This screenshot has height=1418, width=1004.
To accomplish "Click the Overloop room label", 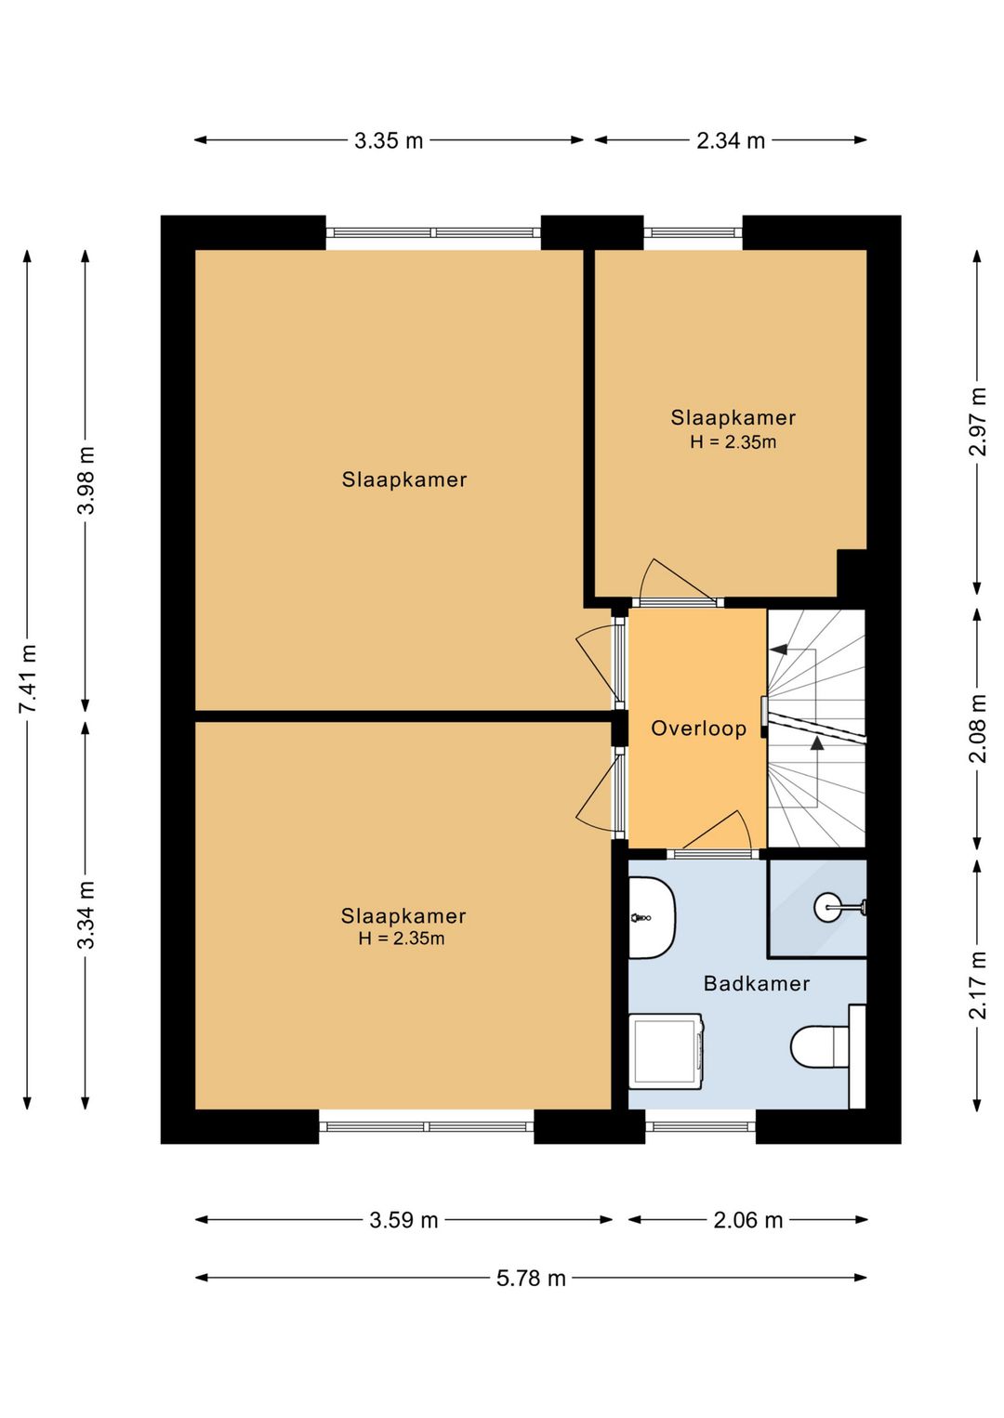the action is pos(699,729).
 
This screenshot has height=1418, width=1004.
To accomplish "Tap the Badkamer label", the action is pos(757,983).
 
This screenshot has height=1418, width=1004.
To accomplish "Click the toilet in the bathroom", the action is pos(820,1046).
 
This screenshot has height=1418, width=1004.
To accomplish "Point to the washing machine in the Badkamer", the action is pos(667,1052).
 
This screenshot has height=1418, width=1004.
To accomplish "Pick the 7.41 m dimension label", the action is pos(28,677).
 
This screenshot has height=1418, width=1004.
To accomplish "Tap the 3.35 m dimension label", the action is pos(389,140).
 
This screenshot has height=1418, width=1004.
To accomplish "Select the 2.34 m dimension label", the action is pos(731,140).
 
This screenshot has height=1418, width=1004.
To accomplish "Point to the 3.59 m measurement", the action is pos(403,1220).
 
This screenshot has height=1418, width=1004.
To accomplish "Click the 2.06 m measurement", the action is pos(748,1220).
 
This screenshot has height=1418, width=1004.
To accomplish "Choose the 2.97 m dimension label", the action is pos(978,422).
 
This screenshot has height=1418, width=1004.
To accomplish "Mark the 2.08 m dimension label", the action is pos(978,729).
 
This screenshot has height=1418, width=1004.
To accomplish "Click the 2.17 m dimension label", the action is pos(978,985).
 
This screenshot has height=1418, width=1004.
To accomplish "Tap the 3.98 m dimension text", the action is pos(86,480).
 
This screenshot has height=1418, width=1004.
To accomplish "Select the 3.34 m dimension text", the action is pos(86,914).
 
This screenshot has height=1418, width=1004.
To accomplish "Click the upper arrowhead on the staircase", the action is pos(777,649).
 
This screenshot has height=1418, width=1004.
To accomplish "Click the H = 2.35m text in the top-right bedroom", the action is pos(733,442).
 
